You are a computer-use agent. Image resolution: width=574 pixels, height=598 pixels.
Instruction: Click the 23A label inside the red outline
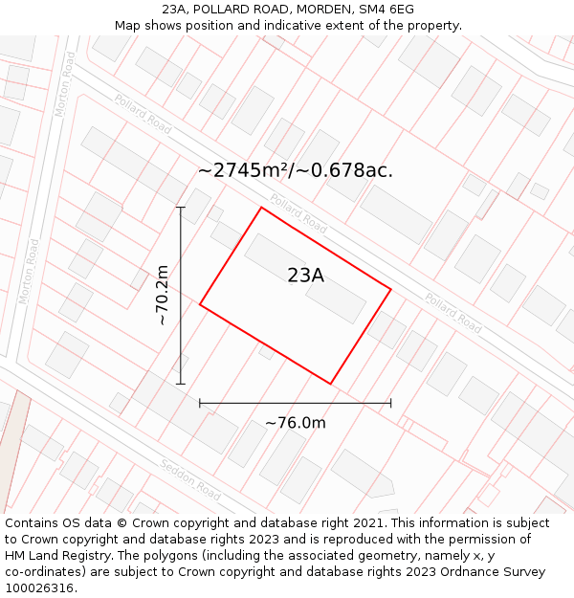pos(305,276)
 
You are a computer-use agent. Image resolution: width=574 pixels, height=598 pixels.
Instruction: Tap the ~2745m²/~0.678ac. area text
pos(296,170)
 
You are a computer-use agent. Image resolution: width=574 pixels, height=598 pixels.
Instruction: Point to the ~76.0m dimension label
pos(296,423)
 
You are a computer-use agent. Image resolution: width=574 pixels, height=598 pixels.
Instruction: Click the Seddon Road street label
pos(190,479)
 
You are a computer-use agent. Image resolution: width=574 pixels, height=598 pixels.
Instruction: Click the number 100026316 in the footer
pos(39,588)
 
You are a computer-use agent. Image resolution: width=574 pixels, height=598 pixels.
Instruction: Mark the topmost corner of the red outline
pos(261,208)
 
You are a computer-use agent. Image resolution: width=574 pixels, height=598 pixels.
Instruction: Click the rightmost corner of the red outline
pos(390,288)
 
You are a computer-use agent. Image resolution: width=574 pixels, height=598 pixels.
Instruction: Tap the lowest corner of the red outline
pos(330,384)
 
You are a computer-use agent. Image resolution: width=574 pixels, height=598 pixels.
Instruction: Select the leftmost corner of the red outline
pos(200,304)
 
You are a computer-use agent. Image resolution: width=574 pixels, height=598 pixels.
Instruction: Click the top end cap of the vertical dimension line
pos(181,207)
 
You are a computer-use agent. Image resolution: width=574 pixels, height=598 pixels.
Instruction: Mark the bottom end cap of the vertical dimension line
pos(181,384)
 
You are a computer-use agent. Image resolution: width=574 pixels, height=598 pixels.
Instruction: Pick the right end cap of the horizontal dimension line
pos(390,403)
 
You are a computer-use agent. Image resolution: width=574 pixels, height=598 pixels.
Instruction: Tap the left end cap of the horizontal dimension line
pos(200,403)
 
